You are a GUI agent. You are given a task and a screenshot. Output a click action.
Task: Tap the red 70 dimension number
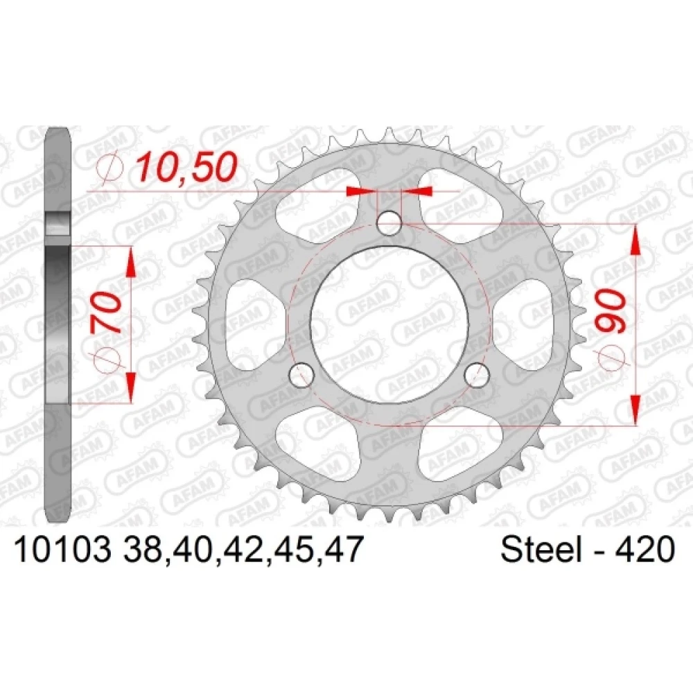pyautogui.click(x=107, y=313)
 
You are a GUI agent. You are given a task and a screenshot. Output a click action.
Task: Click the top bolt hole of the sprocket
pyautogui.click(x=389, y=222)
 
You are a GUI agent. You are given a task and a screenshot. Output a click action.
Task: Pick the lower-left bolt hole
pyautogui.click(x=301, y=375)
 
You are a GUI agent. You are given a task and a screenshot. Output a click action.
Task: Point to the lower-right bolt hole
pyautogui.click(x=477, y=375)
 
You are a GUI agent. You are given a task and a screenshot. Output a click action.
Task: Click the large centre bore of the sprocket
pyautogui.click(x=389, y=324)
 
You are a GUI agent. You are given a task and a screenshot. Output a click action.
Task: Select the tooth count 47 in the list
pyautogui.click(x=343, y=550)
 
